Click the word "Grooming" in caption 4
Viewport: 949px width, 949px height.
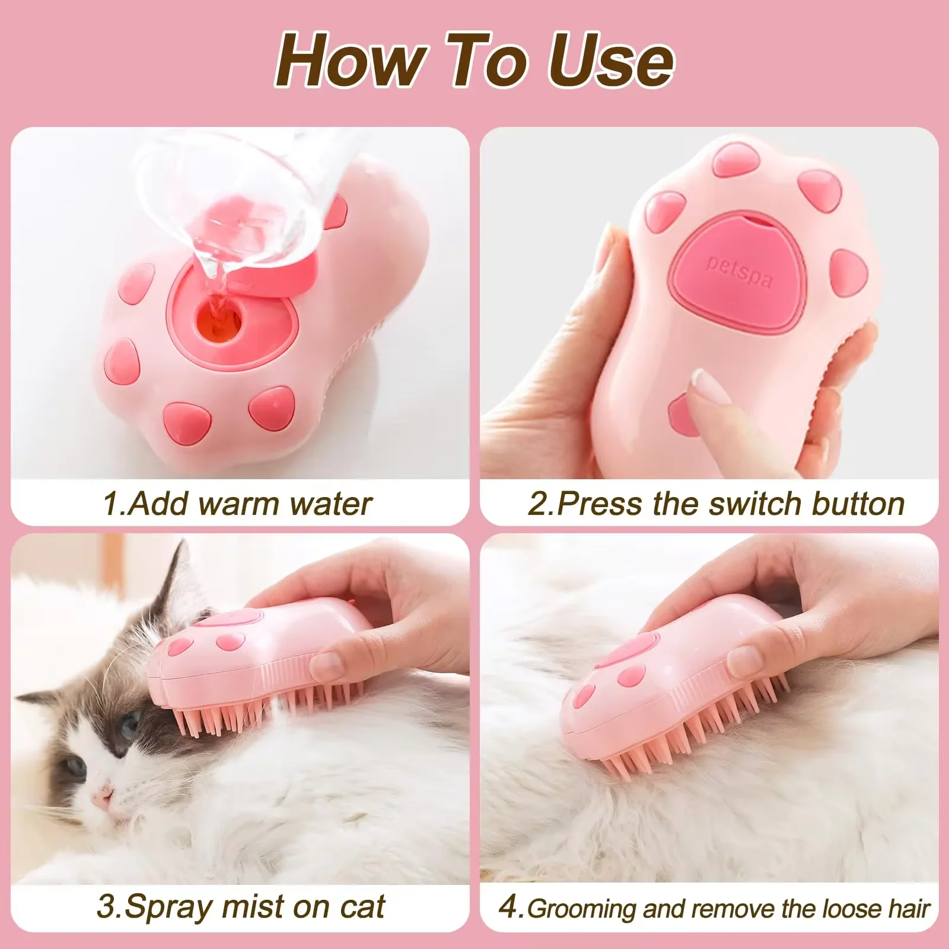pyautogui.click(x=582, y=909)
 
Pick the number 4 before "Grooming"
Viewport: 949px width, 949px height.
pyautogui.click(x=508, y=908)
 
